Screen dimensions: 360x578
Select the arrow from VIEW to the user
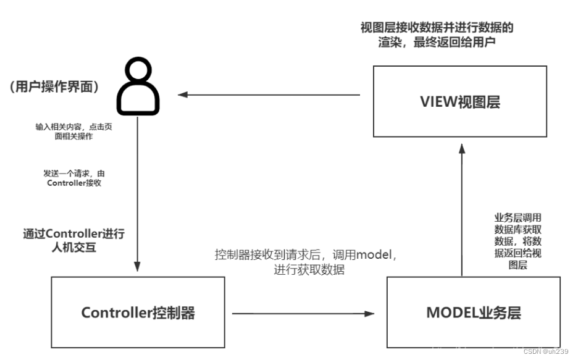(x=269, y=94)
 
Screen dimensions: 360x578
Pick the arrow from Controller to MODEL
(x=303, y=313)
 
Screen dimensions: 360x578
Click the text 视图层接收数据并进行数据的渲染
(x=437, y=35)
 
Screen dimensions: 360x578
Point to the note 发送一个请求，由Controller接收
(x=73, y=178)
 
